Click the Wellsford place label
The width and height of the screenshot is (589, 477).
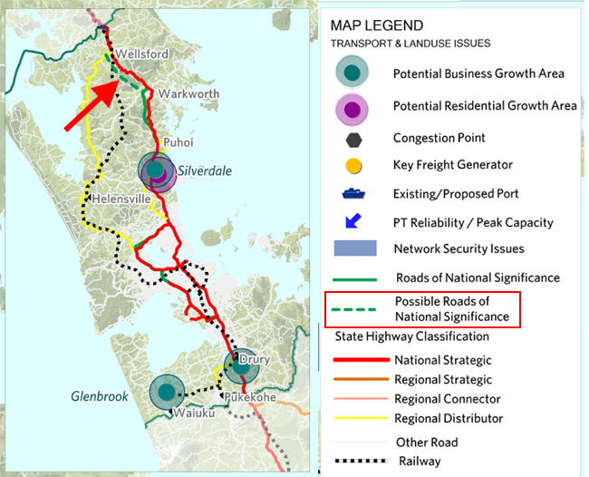point(142,54)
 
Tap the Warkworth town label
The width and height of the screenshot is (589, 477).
point(188,93)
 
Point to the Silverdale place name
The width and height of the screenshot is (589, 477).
point(206,170)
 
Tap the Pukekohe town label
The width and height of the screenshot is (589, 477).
point(250,396)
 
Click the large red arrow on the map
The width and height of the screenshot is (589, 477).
point(95,106)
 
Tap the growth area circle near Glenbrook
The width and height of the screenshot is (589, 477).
point(167,394)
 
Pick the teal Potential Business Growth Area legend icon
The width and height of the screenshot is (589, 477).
point(353,73)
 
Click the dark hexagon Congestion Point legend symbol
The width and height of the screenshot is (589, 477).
point(353,139)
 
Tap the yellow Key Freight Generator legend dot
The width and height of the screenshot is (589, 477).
point(353,166)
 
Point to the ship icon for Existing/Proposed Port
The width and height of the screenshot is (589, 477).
point(353,193)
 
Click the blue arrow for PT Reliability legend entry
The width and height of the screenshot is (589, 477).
point(353,220)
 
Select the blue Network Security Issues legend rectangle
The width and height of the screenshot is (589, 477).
point(353,248)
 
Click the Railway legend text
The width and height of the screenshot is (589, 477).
point(418,462)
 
